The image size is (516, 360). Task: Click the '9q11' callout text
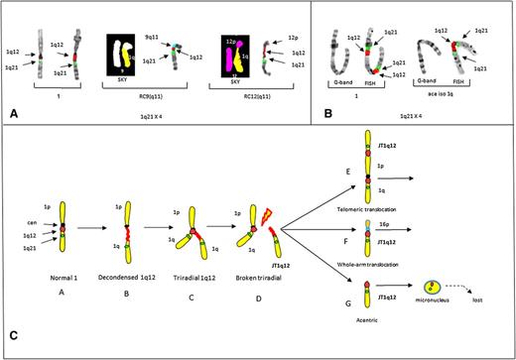tap(151, 35)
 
